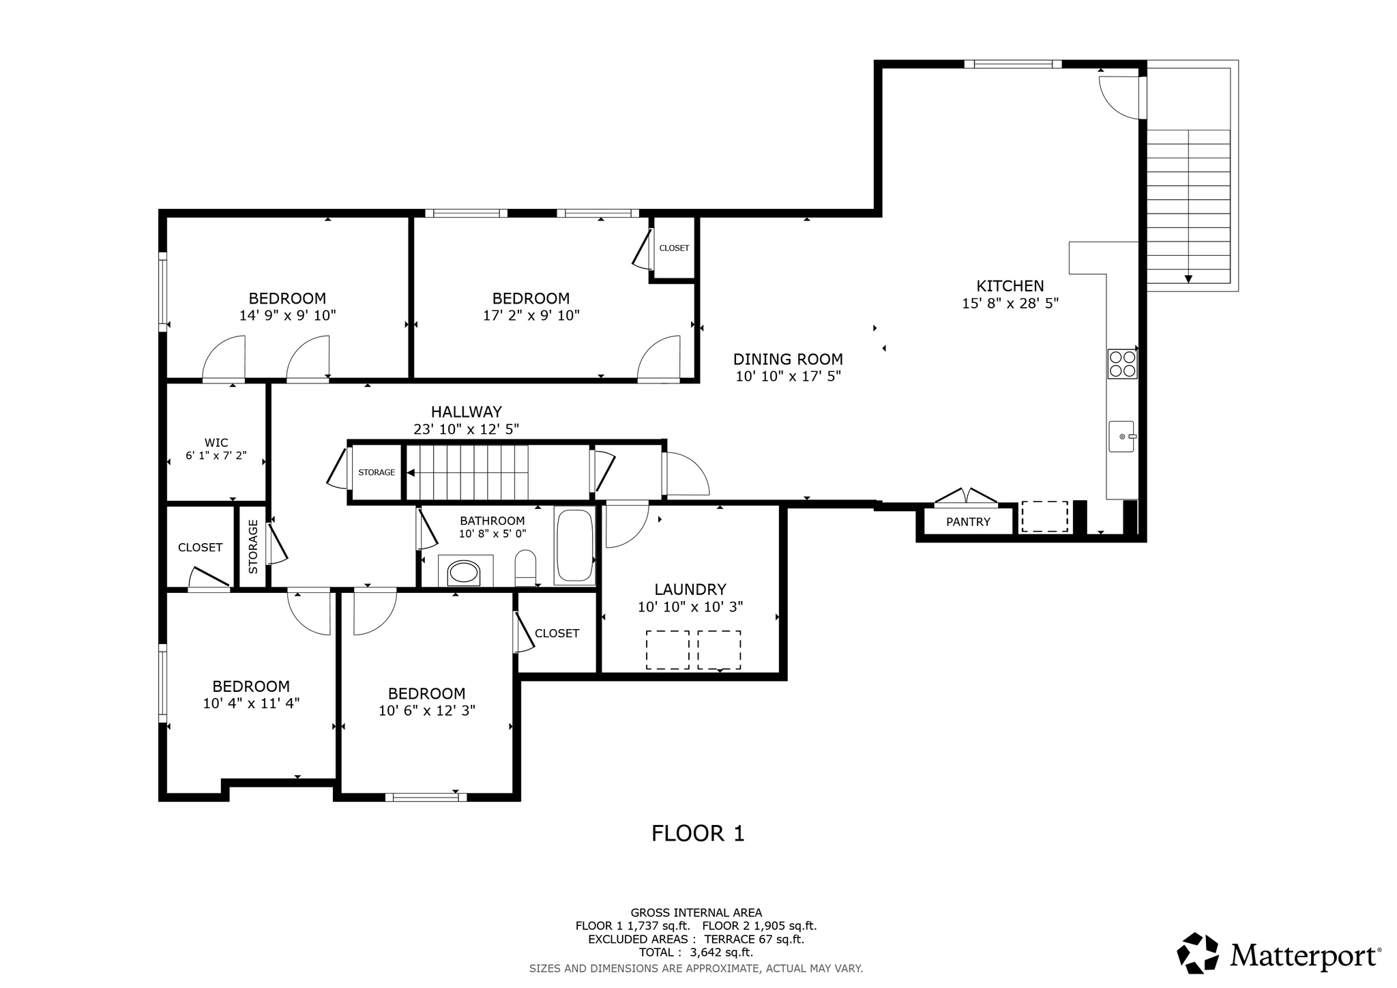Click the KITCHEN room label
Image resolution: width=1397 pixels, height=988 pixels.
pyautogui.click(x=1010, y=286)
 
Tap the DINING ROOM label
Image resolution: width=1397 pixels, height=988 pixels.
pyautogui.click(x=788, y=359)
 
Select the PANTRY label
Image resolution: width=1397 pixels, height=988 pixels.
pyautogui.click(x=968, y=522)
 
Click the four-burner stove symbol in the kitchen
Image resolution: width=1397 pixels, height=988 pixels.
pyautogui.click(x=1122, y=364)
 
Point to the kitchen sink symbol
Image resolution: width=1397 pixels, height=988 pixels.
pyautogui.click(x=1121, y=437)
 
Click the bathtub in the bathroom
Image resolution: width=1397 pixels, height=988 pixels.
pyautogui.click(x=574, y=545)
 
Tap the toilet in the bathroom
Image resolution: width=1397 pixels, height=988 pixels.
pyautogui.click(x=525, y=568)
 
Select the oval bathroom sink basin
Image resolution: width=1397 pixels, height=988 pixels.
pyautogui.click(x=464, y=572)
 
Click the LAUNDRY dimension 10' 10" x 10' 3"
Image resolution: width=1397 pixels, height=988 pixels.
pyautogui.click(x=690, y=607)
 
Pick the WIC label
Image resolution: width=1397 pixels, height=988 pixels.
pyautogui.click(x=216, y=443)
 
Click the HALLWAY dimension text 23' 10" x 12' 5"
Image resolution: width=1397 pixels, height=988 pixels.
pyautogui.click(x=466, y=429)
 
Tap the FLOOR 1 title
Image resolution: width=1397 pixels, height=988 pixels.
pyautogui.click(x=698, y=833)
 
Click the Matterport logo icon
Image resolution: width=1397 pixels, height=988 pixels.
pyautogui.click(x=1198, y=953)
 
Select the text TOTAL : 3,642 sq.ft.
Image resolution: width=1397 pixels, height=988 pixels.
pyautogui.click(x=696, y=953)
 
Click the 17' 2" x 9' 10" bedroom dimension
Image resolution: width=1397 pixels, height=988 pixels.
pyautogui.click(x=531, y=315)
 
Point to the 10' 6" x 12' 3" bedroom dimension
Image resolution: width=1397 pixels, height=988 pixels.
pyautogui.click(x=426, y=710)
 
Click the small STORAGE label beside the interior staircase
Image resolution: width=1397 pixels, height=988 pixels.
pyautogui.click(x=377, y=472)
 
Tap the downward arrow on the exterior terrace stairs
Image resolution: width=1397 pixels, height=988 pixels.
pyautogui.click(x=1188, y=278)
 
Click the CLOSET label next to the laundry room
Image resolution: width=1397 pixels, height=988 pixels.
pyautogui.click(x=557, y=633)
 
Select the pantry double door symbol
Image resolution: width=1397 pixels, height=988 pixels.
pyautogui.click(x=965, y=497)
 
